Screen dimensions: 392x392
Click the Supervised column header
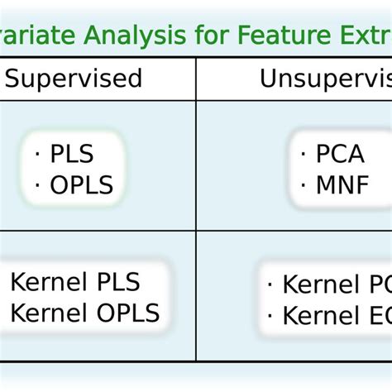click(x=74, y=79)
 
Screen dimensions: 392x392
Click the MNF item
click(x=342, y=184)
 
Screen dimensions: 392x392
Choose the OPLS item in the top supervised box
click(x=81, y=184)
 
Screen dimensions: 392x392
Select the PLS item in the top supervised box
click(x=72, y=155)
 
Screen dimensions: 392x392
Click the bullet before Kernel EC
click(x=270, y=316)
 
